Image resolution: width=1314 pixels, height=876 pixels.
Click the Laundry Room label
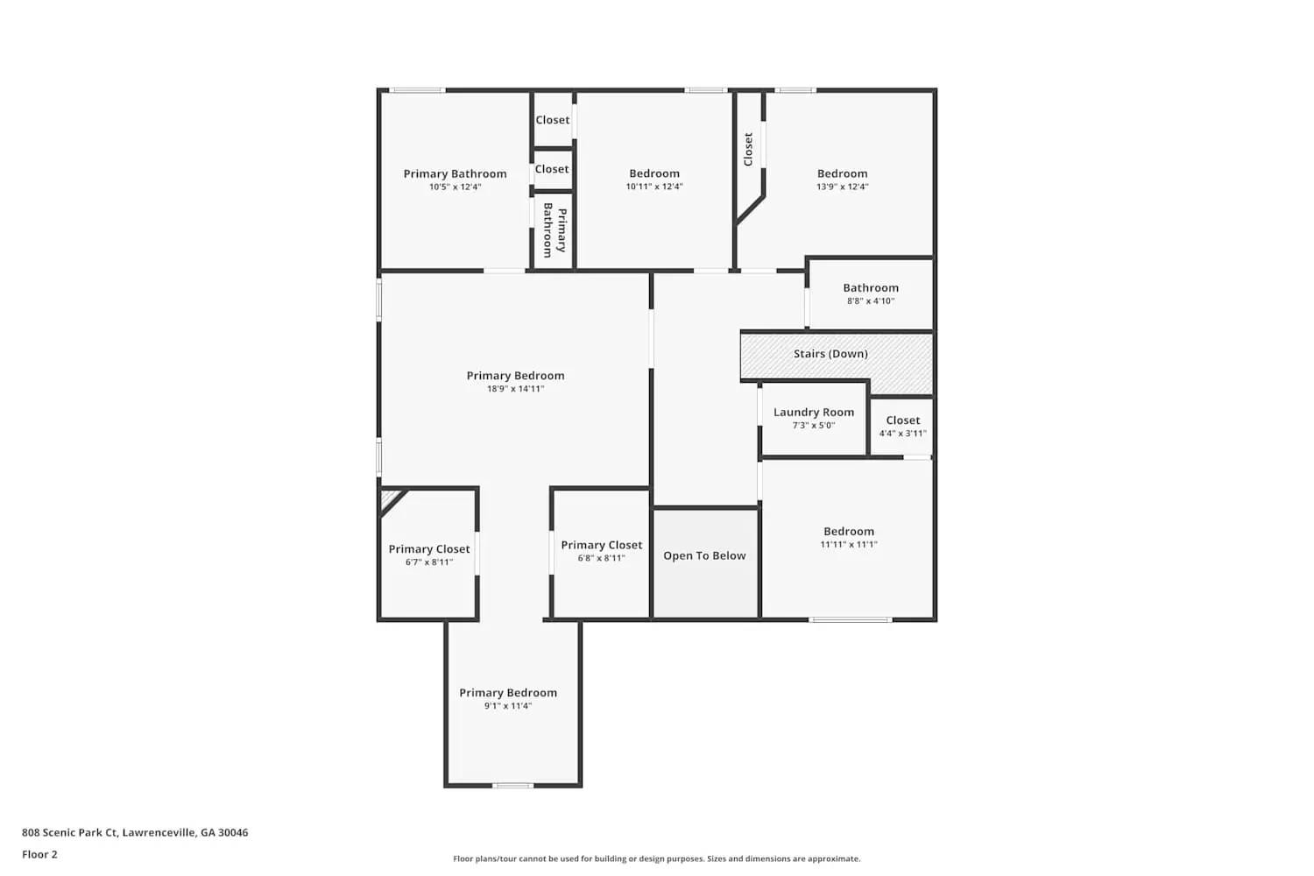pyautogui.click(x=813, y=413)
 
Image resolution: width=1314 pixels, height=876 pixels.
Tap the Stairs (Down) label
pyautogui.click(x=830, y=354)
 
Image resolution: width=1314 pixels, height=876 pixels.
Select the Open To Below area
pyautogui.click(x=704, y=556)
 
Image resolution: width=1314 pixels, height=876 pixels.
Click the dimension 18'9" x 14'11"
pyautogui.click(x=515, y=389)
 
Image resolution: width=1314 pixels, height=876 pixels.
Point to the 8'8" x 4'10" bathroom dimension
pyautogui.click(x=870, y=301)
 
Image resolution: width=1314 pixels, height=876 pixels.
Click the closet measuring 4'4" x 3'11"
pyautogui.click(x=902, y=427)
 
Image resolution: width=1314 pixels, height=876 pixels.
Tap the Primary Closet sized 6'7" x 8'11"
pyautogui.click(x=429, y=555)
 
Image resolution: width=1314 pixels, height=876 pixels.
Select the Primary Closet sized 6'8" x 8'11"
pyautogui.click(x=601, y=551)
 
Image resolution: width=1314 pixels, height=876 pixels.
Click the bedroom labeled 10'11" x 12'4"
pyautogui.click(x=653, y=180)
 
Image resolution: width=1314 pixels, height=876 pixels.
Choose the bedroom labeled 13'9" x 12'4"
pyautogui.click(x=842, y=180)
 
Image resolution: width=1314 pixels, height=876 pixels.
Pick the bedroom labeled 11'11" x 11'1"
pyautogui.click(x=848, y=537)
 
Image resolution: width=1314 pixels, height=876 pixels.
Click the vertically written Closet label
pyautogui.click(x=748, y=149)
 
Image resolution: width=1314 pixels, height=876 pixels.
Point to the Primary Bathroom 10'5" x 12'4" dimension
pyautogui.click(x=455, y=187)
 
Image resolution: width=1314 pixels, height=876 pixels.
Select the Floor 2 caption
pyautogui.click(x=39, y=855)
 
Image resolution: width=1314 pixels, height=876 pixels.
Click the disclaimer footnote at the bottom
pyautogui.click(x=656, y=859)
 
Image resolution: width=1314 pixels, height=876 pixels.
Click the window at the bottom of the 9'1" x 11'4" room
pyautogui.click(x=512, y=786)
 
